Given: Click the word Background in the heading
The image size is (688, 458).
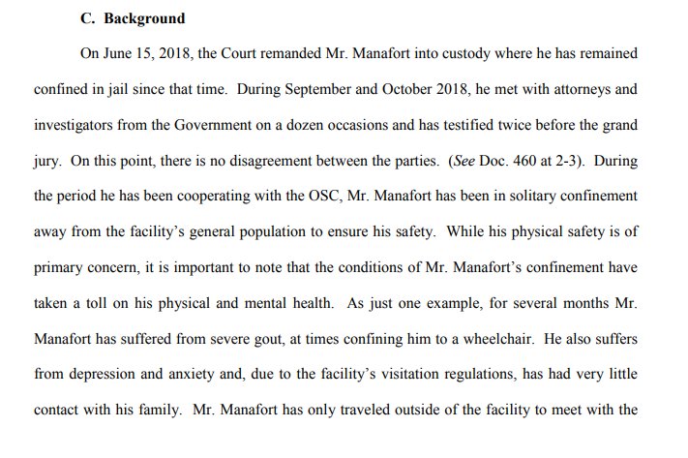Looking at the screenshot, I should coord(146,17).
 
